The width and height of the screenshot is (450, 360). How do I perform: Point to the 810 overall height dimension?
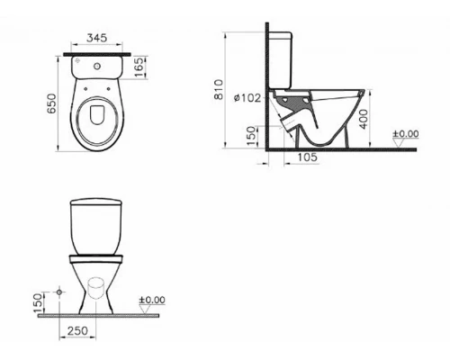tap(237, 90)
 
